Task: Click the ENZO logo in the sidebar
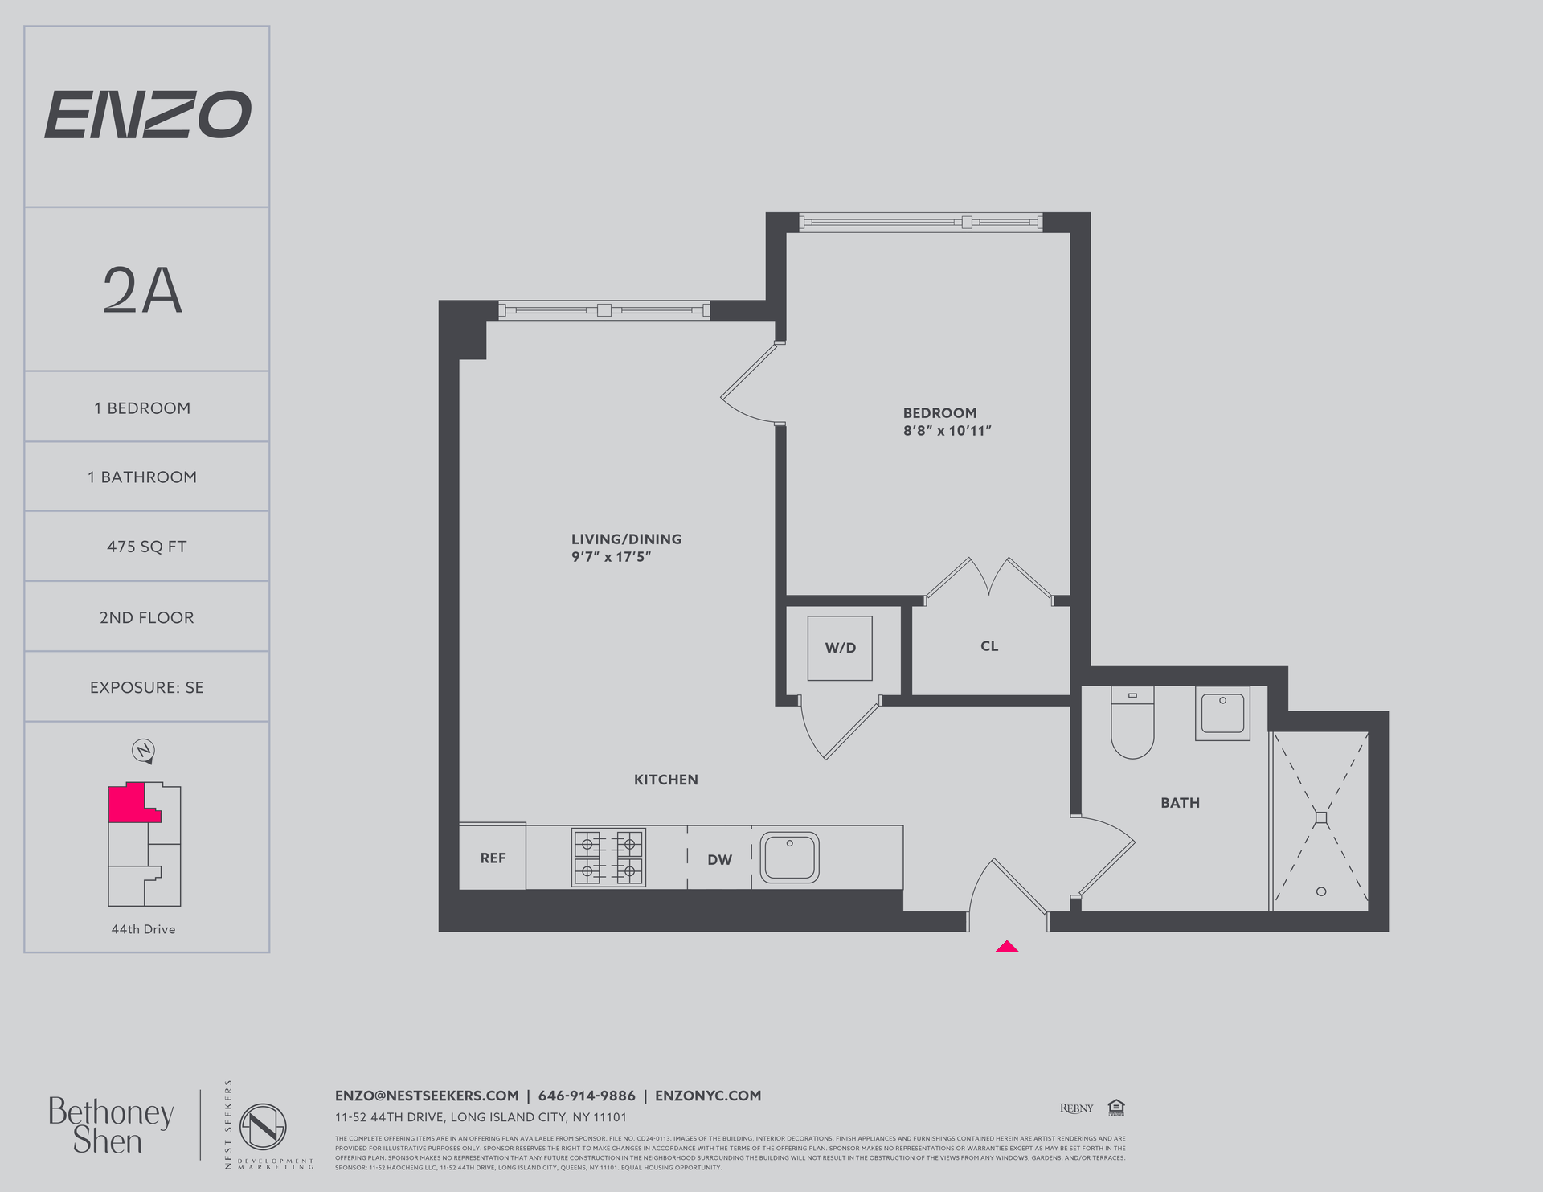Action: [x=147, y=114]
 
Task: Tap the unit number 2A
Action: [x=143, y=291]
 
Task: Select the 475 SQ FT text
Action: [x=146, y=547]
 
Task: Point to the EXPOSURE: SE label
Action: [x=146, y=687]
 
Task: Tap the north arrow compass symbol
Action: [x=143, y=751]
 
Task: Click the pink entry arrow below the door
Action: [x=1006, y=946]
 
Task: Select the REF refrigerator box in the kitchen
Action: [x=493, y=858]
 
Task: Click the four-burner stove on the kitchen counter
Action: [x=608, y=858]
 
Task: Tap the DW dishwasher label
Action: [x=719, y=859]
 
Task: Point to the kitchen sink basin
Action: [x=790, y=858]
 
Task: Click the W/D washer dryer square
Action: [x=840, y=648]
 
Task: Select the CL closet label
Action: [x=989, y=646]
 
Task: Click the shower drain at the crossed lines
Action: [x=1321, y=817]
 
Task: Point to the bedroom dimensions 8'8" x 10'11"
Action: [x=947, y=431]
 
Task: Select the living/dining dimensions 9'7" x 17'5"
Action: [x=611, y=556]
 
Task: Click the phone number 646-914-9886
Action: [x=587, y=1096]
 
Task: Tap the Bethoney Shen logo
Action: [x=110, y=1124]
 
